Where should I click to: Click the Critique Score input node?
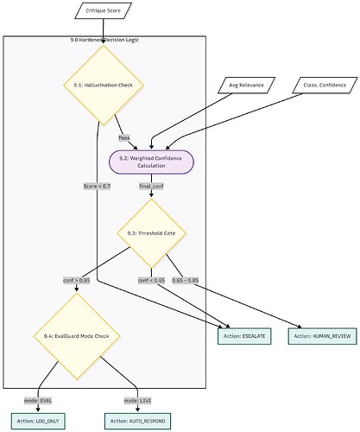[104, 10]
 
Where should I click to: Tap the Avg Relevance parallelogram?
[246, 85]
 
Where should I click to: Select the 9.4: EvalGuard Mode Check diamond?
[76, 336]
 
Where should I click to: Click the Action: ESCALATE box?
[248, 335]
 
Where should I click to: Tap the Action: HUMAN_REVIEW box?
[319, 335]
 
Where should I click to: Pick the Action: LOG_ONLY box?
[38, 419]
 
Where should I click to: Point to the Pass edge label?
[124, 137]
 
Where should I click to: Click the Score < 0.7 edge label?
[97, 185]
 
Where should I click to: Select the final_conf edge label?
[151, 185]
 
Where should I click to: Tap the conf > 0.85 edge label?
[77, 280]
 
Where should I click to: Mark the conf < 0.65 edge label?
[152, 280]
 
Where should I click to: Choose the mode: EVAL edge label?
[38, 400]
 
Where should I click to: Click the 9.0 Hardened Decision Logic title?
[104, 41]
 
